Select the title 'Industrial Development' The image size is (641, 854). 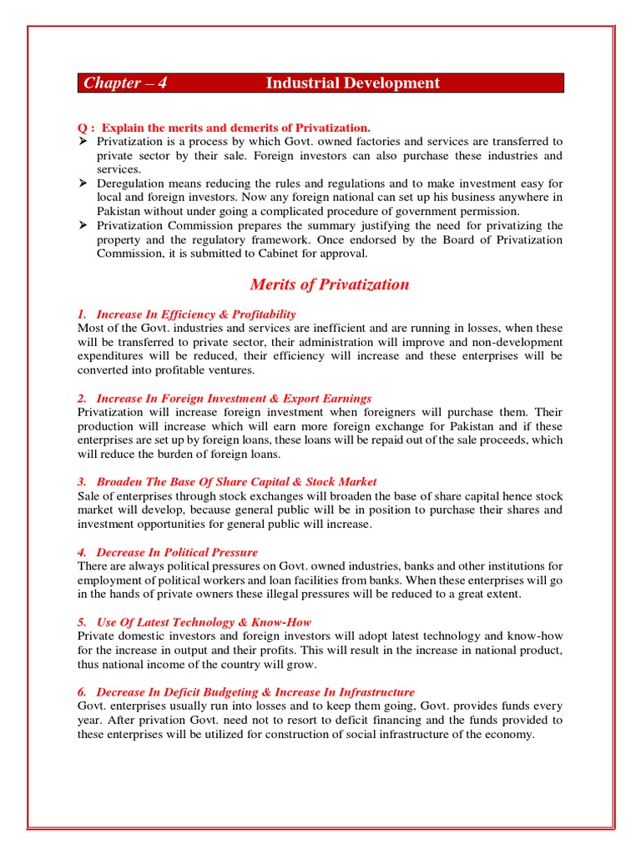coord(352,83)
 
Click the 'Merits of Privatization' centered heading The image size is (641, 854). coord(330,284)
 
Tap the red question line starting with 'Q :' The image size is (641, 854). coord(224,127)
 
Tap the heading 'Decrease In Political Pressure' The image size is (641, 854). coord(177,552)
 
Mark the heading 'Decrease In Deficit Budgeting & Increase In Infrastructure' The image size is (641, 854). coord(255,692)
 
